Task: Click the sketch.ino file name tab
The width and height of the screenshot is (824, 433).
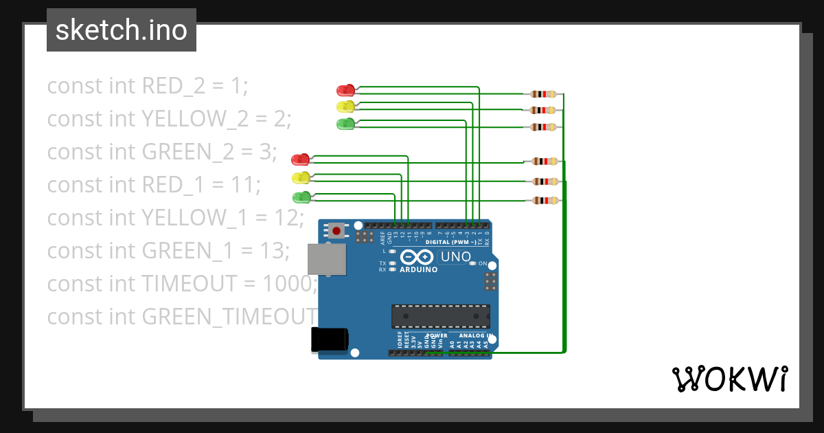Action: (x=122, y=30)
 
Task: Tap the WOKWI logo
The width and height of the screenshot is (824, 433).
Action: (x=729, y=379)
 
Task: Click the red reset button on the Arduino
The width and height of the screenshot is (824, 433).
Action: (x=336, y=230)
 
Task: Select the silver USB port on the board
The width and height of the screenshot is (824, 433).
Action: (x=326, y=259)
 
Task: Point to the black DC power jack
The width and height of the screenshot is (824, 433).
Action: (x=330, y=340)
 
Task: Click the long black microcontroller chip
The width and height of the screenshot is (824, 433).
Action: (x=440, y=316)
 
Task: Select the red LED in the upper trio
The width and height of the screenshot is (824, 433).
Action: (x=345, y=90)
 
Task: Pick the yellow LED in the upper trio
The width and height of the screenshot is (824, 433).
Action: (x=345, y=107)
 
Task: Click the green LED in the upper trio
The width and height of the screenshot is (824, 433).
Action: (x=345, y=124)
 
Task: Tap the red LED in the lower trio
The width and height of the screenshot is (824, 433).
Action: (x=300, y=159)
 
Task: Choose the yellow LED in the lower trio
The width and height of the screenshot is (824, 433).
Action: (x=300, y=178)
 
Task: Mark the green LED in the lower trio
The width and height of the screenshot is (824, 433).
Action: (x=301, y=198)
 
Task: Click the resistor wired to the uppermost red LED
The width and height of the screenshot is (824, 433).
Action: (x=545, y=94)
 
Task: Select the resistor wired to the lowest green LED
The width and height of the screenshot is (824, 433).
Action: (x=545, y=201)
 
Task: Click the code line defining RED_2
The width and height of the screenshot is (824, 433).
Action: (x=147, y=86)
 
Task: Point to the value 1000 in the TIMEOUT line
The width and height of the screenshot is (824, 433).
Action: (x=292, y=284)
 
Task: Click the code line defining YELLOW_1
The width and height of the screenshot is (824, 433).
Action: (x=175, y=218)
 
